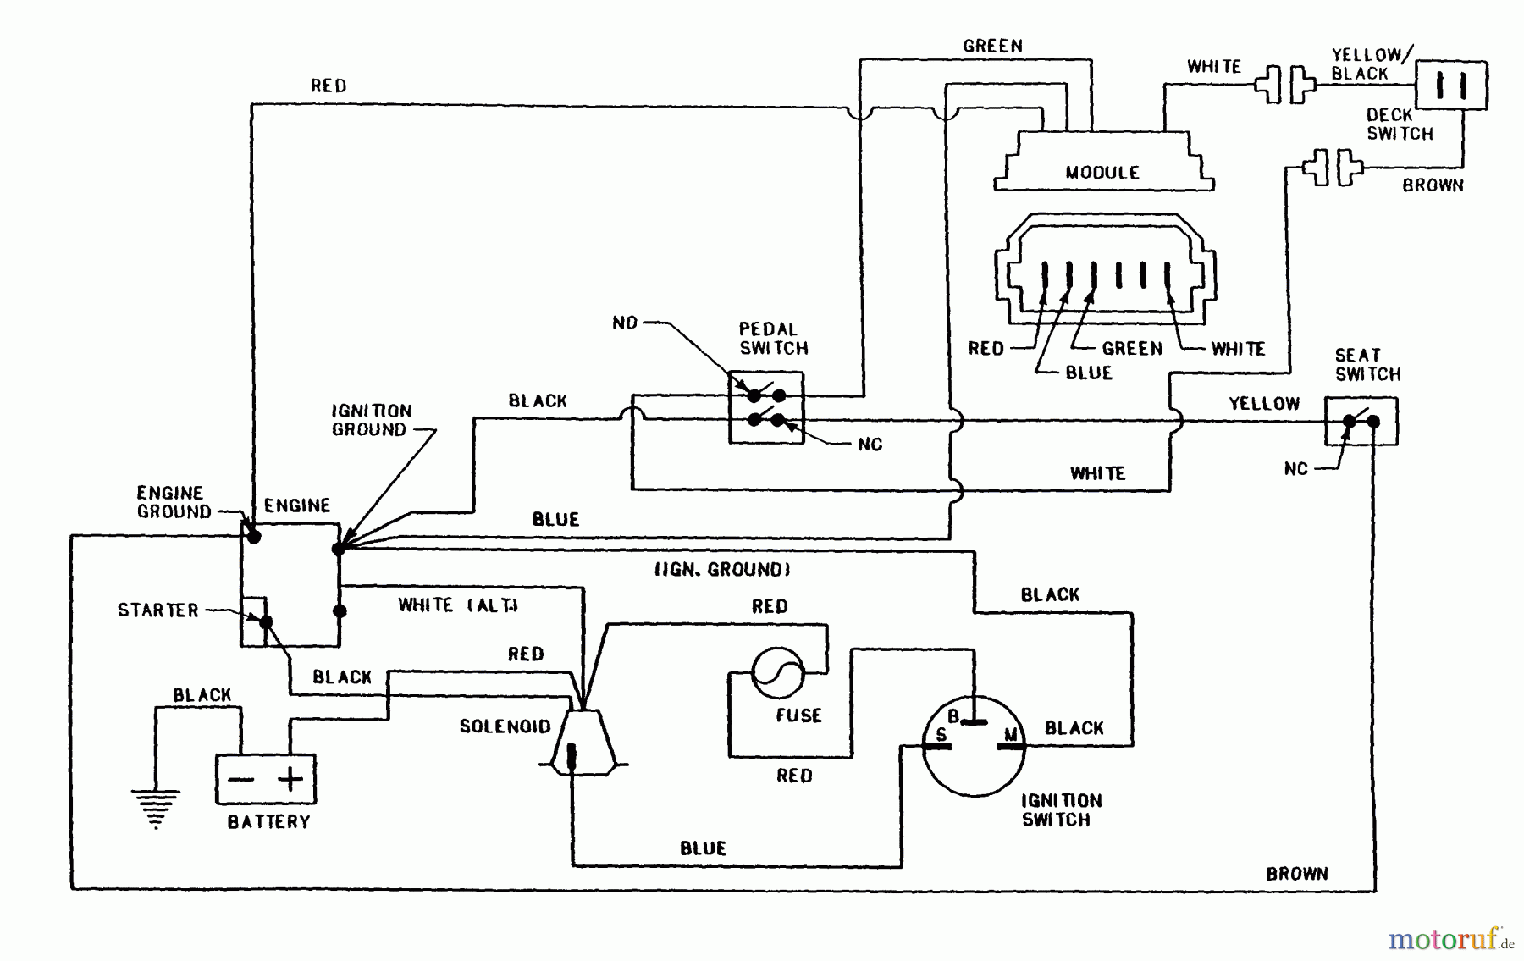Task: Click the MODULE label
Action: [1102, 173]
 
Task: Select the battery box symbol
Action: [266, 779]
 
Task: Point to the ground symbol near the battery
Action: [156, 806]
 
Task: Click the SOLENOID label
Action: [505, 726]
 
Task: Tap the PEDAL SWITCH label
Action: [774, 339]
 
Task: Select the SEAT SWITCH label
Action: [1367, 365]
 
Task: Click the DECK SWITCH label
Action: [1399, 124]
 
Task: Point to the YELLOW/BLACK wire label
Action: [1370, 64]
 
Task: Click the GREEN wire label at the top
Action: [992, 47]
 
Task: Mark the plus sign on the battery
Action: [290, 778]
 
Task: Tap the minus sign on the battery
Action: [241, 779]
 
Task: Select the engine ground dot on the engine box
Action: [253, 537]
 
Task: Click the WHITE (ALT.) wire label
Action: [458, 605]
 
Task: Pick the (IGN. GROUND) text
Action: [722, 570]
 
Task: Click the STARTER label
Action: [158, 610]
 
